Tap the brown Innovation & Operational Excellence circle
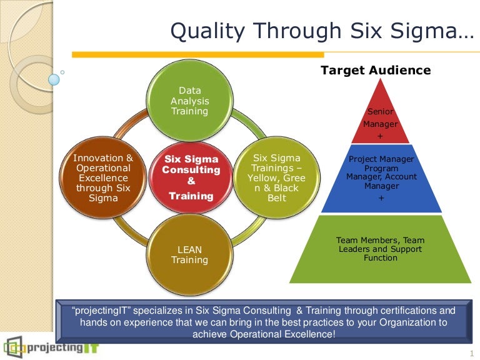[103, 178]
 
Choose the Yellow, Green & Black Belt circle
[276, 178]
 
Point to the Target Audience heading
[376, 70]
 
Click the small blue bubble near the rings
[54, 79]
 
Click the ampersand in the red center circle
[191, 181]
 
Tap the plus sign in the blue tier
[381, 197]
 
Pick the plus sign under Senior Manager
[381, 136]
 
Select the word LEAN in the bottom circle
[189, 249]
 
